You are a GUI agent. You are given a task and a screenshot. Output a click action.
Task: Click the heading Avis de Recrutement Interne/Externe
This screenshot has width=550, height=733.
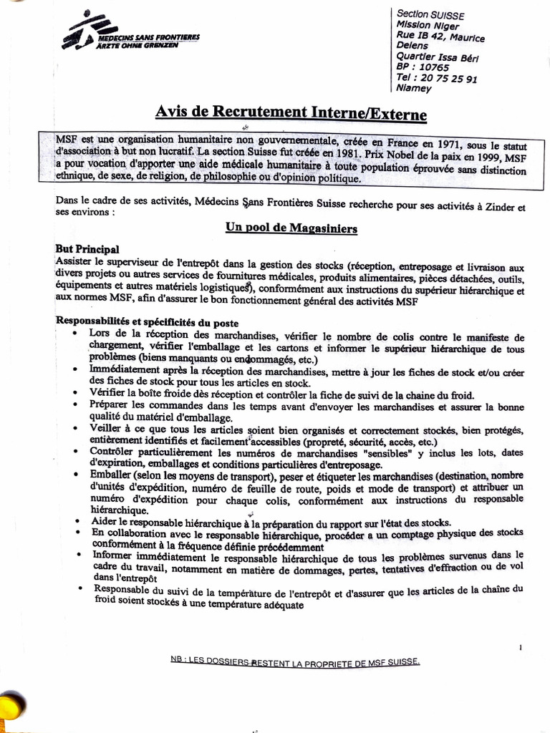point(291,113)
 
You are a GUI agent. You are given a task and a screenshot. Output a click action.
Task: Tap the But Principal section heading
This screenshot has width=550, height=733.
point(87,249)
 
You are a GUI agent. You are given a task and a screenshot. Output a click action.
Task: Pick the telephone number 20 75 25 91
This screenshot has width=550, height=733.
point(451,79)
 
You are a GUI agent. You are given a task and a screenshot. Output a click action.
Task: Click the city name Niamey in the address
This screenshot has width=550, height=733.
point(414,89)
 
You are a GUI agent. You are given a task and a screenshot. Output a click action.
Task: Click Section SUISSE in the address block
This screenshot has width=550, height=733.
point(430,14)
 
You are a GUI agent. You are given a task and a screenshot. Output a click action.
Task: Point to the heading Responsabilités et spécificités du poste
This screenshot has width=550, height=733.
point(148,322)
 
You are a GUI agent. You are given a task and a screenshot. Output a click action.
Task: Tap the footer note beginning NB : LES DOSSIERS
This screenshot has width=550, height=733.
point(294,662)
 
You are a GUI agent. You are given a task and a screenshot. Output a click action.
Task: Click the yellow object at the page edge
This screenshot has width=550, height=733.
point(11,705)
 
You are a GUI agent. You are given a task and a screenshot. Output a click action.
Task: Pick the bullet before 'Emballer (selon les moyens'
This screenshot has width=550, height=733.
point(77,475)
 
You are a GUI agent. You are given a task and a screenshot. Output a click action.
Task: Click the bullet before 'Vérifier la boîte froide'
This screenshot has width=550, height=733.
point(77,394)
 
